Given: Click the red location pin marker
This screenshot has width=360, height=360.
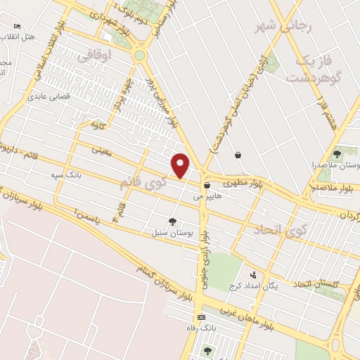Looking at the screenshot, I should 181,165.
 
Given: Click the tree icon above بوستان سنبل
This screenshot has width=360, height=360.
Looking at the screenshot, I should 173,221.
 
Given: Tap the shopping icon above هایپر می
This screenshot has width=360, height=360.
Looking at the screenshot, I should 206,186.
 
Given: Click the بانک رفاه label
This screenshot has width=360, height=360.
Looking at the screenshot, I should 211,328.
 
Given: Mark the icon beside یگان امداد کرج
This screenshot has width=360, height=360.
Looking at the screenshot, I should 253,276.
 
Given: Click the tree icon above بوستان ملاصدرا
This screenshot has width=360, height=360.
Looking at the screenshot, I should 337,153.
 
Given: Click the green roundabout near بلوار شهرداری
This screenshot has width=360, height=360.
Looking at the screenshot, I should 140,55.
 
